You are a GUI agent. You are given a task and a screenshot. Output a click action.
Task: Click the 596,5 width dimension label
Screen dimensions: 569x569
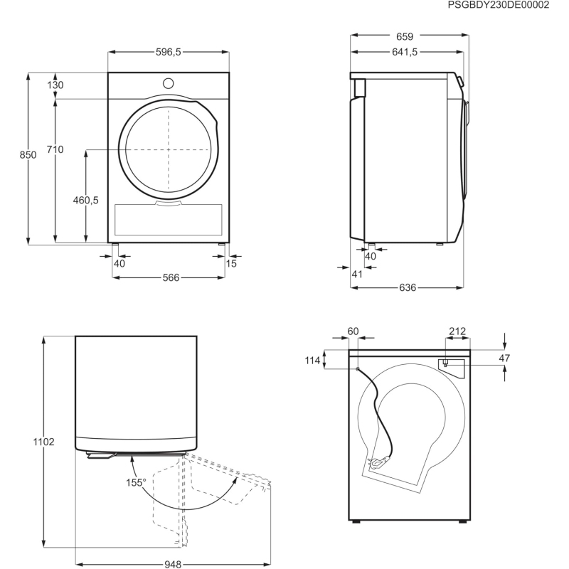coord(169,51)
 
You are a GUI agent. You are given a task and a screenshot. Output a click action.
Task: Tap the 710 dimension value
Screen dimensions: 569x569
coord(55,149)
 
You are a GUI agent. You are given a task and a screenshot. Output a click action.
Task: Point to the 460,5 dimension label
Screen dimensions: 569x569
coord(85,201)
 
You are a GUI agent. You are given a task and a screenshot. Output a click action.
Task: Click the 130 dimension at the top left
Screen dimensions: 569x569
coord(55,85)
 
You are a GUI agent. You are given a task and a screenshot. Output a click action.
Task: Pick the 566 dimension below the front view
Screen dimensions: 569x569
coord(169,277)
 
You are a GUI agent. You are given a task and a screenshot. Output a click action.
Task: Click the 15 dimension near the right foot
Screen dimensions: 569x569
coord(231,264)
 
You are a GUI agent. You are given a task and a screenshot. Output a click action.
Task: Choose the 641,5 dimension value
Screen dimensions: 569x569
coord(403,51)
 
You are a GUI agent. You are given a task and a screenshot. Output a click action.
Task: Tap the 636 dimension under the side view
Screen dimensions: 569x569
coord(406,287)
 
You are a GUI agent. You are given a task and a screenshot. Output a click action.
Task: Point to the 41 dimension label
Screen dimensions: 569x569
coord(357,274)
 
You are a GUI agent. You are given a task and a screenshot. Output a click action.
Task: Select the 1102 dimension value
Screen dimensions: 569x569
coord(44,442)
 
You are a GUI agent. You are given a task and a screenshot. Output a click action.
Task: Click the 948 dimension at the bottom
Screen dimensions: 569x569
coord(173,565)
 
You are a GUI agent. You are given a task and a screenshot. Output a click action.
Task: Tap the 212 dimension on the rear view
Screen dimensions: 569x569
coord(457,331)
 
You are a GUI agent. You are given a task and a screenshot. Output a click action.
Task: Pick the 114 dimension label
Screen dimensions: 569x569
coord(313,361)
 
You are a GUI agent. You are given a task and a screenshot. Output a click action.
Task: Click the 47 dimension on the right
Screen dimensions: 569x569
coord(504,358)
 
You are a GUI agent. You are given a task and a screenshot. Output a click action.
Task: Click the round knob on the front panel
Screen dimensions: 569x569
coord(169,83)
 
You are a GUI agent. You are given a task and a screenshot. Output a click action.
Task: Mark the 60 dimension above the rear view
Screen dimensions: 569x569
coord(353,331)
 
